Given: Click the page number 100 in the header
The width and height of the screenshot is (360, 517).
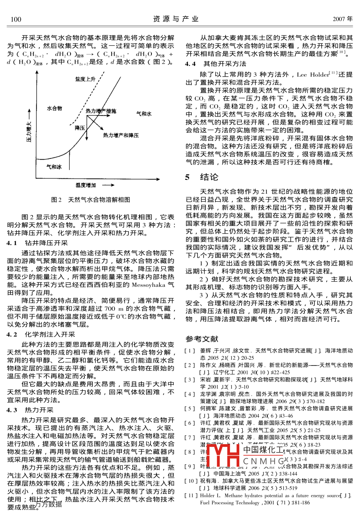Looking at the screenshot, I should pos(16,19).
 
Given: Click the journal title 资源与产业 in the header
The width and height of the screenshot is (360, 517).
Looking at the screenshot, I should pos(176,19).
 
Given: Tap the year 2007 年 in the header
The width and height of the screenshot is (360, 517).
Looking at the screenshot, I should pos(342,19).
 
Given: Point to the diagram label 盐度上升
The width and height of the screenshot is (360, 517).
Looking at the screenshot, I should pos(85,79).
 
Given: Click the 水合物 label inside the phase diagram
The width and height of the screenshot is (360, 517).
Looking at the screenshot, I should pos(54,109).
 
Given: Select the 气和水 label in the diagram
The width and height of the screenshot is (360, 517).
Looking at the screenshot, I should pos(144,114).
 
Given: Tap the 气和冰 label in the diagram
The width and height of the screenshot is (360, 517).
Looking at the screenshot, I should pos(54,167).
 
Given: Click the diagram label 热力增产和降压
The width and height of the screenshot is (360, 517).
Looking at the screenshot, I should pos(121,135).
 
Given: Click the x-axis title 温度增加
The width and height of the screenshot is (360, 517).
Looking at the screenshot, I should pos(85,185).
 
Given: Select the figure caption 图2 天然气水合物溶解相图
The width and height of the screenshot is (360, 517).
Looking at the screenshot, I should pos(91,200).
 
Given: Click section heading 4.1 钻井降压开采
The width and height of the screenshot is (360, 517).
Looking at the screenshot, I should pos(37,243).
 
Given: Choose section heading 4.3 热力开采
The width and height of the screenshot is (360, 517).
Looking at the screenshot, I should pos(30,410).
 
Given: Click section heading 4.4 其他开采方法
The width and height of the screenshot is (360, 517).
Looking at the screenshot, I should pos(216,64).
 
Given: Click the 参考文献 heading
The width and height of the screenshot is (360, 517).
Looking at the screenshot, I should pos(202,339).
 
